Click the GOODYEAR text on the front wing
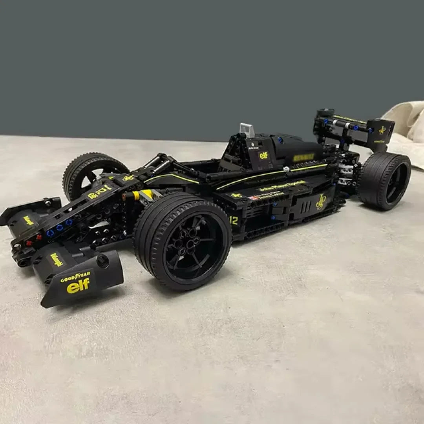75,277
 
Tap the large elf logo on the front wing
78,285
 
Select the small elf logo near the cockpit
263,155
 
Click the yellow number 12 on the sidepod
234,221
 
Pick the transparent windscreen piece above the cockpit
247,130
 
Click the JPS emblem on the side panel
321,202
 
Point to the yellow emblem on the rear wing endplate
382,130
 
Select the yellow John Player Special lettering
281,185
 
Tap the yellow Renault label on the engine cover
303,157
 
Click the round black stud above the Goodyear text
103,261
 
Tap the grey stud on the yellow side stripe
287,169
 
